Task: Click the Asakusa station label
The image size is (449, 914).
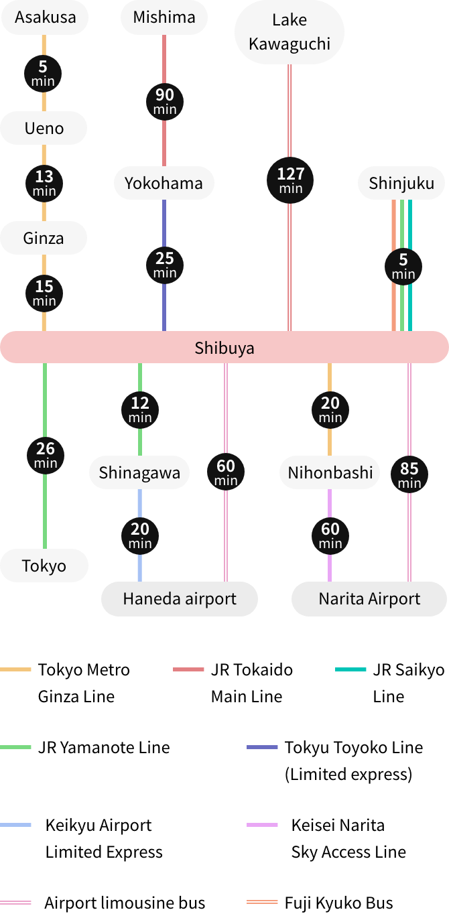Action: click(x=45, y=17)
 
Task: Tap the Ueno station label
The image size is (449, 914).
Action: click(x=44, y=128)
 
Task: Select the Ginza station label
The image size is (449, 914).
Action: click(x=44, y=238)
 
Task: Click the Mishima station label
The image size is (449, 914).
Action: click(x=164, y=17)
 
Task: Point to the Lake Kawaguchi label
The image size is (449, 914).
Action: click(x=290, y=31)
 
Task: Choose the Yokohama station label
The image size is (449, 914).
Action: click(x=164, y=183)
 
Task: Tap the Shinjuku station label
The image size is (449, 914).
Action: click(x=401, y=183)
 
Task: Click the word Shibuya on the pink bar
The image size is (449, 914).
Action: click(x=224, y=348)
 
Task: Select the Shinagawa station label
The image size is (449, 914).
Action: click(x=139, y=472)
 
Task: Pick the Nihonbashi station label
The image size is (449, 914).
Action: click(x=330, y=472)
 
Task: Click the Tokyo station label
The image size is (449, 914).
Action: click(x=44, y=566)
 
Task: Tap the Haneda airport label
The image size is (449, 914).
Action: click(x=180, y=598)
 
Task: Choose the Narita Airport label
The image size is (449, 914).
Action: click(x=369, y=598)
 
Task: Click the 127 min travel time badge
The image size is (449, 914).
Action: click(x=291, y=180)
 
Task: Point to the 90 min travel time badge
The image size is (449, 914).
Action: click(x=165, y=101)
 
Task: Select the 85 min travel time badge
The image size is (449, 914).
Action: click(x=409, y=474)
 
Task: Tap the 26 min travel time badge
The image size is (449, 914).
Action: click(x=46, y=454)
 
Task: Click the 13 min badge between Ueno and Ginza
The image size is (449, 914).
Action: click(x=44, y=182)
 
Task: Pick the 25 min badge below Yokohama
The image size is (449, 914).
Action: click(x=165, y=264)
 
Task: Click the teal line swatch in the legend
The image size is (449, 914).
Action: click(x=350, y=669)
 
